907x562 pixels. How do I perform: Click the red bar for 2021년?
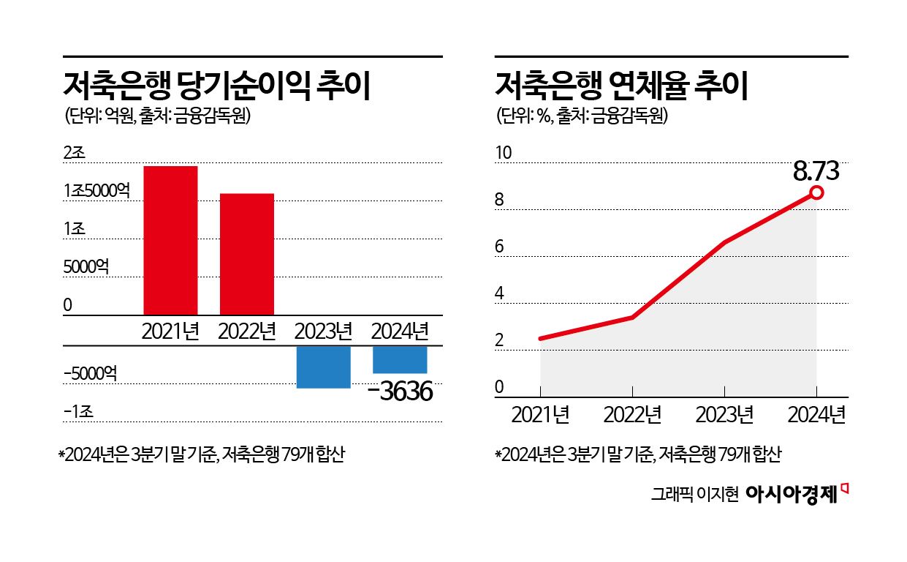(x=170, y=241)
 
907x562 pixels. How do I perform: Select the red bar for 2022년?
(x=247, y=254)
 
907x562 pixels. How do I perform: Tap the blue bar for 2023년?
(x=323, y=367)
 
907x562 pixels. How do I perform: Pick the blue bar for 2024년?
(x=400, y=359)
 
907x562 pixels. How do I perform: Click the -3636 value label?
(x=401, y=391)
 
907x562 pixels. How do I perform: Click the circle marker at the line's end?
(x=816, y=192)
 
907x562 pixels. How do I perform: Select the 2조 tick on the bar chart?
(x=75, y=153)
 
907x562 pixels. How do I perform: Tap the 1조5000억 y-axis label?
(x=96, y=190)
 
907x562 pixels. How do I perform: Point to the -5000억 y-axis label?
(x=90, y=374)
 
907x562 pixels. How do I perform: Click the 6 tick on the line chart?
(x=500, y=247)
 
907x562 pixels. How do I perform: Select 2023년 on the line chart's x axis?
(x=724, y=415)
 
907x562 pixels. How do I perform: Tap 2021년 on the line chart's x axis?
(x=540, y=415)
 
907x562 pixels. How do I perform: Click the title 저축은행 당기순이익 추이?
(x=219, y=86)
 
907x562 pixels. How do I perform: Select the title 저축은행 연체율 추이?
(x=621, y=86)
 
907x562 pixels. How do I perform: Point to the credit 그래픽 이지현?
(x=695, y=494)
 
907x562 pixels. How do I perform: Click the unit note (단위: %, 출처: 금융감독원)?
(x=582, y=116)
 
